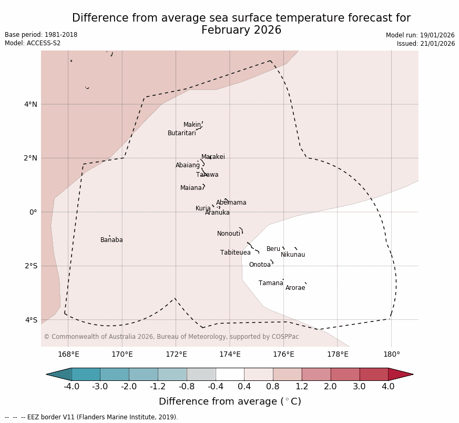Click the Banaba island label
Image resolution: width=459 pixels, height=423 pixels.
(x=111, y=240)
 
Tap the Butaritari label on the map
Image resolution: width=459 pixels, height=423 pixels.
(x=181, y=133)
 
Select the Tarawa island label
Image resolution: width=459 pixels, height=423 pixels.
(x=207, y=175)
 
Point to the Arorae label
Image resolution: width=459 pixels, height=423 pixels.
(x=295, y=288)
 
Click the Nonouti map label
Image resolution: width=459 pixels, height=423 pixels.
(x=229, y=234)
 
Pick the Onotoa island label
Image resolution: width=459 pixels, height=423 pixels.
(x=260, y=265)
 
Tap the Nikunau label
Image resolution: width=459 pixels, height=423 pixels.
(x=293, y=255)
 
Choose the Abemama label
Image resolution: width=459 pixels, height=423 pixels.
(x=231, y=203)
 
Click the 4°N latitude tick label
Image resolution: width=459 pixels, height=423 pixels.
(x=30, y=104)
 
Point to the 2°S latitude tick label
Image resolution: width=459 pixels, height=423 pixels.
(x=30, y=266)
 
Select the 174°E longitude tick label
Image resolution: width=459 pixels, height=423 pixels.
(x=230, y=354)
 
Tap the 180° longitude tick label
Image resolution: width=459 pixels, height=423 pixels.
(x=391, y=354)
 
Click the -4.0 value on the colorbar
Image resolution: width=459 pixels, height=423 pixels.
(x=72, y=387)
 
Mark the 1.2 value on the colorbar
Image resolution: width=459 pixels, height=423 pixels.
(x=302, y=387)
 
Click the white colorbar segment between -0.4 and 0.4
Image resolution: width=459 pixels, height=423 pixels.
(x=230, y=374)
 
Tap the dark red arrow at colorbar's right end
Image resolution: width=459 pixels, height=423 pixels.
(x=401, y=374)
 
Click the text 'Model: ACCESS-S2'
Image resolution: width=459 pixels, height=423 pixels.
(x=33, y=43)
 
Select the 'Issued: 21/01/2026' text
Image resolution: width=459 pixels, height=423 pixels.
(x=425, y=44)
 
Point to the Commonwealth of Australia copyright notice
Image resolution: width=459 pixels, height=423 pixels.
(x=171, y=337)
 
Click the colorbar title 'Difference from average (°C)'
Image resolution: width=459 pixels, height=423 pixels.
(x=230, y=401)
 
